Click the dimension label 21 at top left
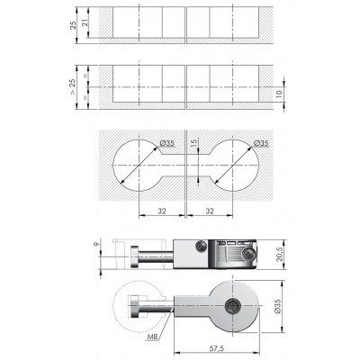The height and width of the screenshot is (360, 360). click(85, 23)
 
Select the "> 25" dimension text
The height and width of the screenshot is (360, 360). click(73, 87)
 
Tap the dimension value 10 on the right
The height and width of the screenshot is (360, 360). click(279, 94)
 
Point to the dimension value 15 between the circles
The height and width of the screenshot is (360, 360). click(193, 143)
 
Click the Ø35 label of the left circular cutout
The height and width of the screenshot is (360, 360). click(167, 143)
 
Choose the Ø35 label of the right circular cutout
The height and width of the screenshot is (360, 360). click(261, 143)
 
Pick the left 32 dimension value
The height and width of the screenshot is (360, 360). click(162, 211)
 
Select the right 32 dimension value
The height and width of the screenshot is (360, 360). click(210, 211)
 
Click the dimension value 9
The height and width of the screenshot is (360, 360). click(96, 245)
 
